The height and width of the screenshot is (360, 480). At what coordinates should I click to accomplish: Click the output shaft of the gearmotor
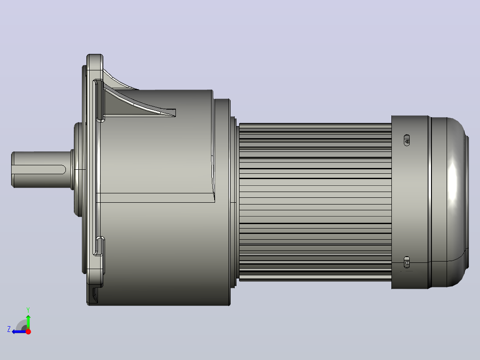tap(41, 169)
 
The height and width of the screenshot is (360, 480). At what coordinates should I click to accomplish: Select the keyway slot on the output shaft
tap(39, 169)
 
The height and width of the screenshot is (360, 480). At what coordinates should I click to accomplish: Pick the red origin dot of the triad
tap(28, 331)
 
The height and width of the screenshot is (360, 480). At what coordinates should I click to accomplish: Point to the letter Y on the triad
tap(28, 310)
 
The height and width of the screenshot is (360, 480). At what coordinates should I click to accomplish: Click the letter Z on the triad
tap(9, 329)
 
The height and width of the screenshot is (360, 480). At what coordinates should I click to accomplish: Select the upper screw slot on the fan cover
tap(407, 140)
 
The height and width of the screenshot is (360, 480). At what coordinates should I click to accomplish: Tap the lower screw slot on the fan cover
tap(407, 262)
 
